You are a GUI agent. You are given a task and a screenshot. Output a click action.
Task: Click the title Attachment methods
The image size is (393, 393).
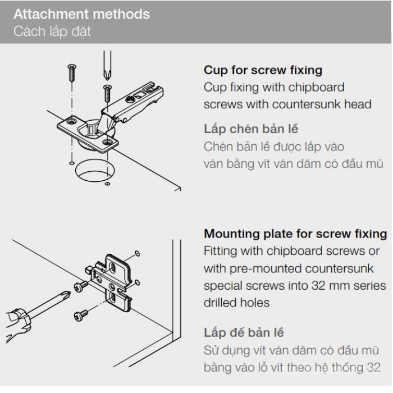(x=82, y=13)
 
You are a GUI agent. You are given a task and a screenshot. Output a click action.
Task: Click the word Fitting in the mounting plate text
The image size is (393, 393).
(x=221, y=250)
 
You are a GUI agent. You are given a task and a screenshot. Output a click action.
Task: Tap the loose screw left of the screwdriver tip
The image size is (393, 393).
(x=72, y=74)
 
